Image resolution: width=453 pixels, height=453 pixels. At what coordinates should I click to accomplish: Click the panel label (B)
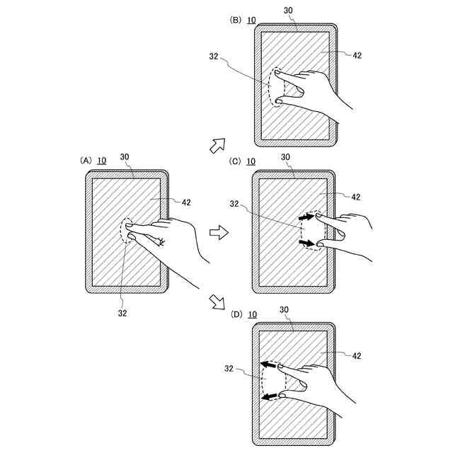236,20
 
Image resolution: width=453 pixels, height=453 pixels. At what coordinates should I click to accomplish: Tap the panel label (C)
236,161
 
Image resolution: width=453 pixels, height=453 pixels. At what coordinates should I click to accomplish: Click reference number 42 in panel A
186,202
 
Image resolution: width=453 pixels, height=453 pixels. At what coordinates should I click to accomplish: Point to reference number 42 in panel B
357,55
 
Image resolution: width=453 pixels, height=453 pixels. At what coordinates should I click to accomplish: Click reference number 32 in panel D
229,368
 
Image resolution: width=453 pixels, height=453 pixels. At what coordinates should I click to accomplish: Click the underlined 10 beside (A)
102,161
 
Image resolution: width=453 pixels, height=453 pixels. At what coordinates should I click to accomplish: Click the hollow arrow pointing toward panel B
217,146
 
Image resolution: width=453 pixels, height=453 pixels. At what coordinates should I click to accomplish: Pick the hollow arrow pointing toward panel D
217,304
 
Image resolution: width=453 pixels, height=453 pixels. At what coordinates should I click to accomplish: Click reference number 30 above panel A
125,157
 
